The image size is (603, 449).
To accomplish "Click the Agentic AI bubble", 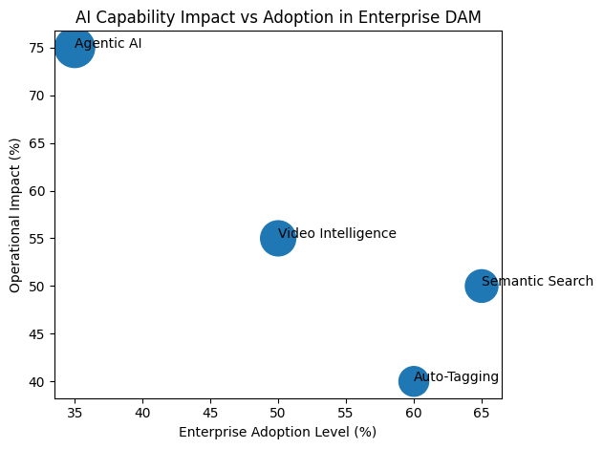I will (75, 48).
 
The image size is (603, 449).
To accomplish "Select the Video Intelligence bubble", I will (277, 238).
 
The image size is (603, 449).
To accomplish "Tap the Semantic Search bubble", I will (482, 286).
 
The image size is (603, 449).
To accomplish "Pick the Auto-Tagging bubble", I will (413, 381).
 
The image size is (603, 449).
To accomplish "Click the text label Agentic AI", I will (108, 43).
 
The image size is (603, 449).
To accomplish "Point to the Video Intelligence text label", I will (336, 233).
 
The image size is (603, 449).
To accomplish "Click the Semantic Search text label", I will (537, 281).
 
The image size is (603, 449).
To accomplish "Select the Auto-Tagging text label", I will (456, 376).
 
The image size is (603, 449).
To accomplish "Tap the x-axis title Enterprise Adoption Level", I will (277, 432).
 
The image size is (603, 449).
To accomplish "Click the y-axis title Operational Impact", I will (15, 216).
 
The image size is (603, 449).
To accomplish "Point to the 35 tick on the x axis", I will (75, 412).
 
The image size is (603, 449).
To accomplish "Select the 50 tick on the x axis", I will (277, 412).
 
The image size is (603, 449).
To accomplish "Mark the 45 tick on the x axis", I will (210, 412).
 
